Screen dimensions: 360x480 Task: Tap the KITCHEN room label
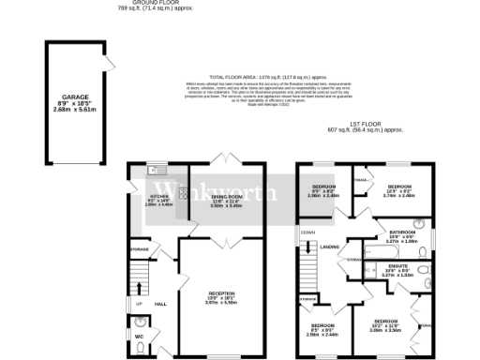pos(157,199)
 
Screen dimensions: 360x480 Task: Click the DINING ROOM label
pos(226,198)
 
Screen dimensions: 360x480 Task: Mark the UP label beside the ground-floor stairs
pos(140,305)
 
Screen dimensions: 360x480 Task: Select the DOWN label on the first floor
pos(306,230)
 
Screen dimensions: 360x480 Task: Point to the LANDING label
pos(330,247)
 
